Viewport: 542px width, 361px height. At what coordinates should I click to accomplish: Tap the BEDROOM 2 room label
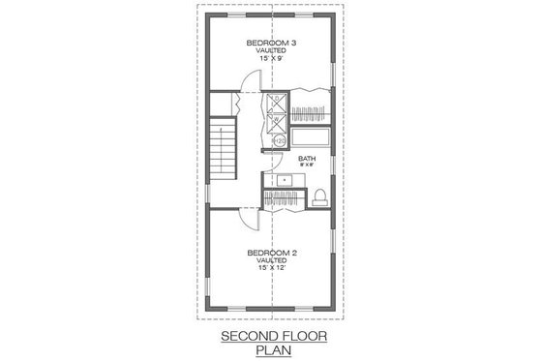click(271, 253)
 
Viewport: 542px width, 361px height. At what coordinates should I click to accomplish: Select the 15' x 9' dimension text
click(270, 60)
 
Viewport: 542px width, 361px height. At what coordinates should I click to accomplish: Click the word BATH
click(307, 159)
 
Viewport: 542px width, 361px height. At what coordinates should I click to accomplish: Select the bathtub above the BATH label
click(310, 137)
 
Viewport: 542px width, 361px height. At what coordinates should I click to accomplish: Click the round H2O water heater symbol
click(280, 141)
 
